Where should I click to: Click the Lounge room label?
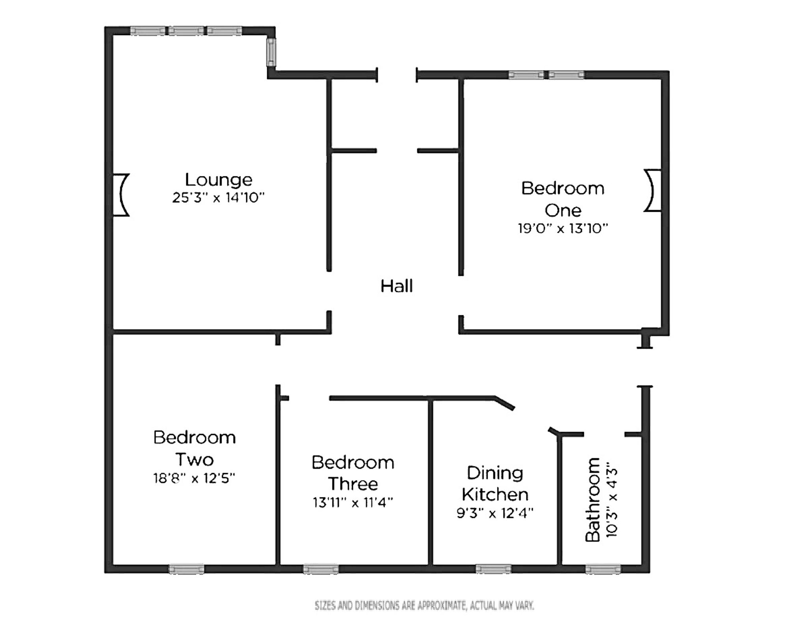tap(219, 180)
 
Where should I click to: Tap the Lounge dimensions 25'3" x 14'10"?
tap(218, 197)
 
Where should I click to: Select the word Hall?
tap(397, 286)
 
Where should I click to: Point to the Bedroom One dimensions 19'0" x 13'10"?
tap(563, 228)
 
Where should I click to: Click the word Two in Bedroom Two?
tap(195, 459)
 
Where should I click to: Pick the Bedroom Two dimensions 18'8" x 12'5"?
tap(194, 478)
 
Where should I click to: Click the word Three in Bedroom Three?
tap(353, 484)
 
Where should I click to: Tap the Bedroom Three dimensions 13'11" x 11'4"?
tap(353, 502)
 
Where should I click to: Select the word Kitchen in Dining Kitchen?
tap(495, 494)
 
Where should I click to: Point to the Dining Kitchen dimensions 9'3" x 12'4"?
tap(495, 513)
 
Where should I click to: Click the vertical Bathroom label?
tap(592, 500)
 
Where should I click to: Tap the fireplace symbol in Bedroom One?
tap(652, 191)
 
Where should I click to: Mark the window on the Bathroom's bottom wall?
tap(603, 569)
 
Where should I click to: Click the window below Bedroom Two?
tap(187, 569)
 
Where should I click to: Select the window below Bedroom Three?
tap(321, 569)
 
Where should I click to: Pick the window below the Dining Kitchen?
tap(493, 569)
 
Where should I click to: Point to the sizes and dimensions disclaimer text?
tap(424, 606)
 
